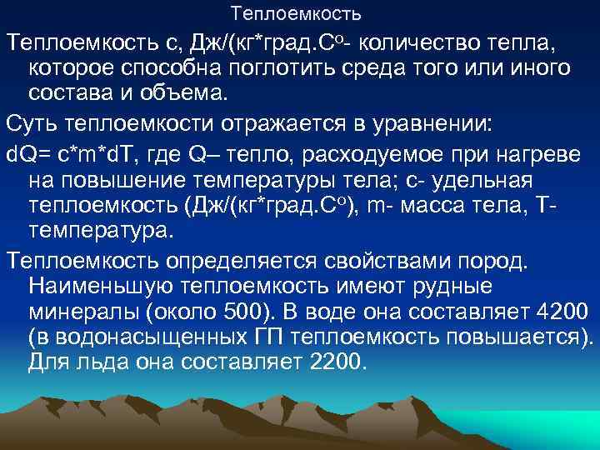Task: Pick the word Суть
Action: point(32,124)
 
